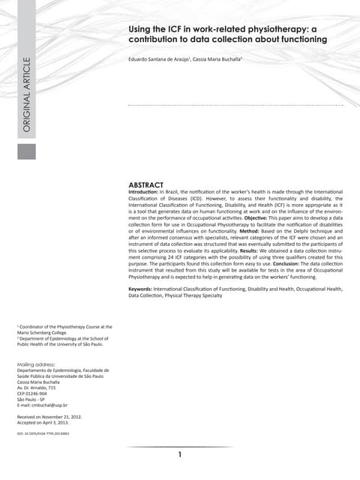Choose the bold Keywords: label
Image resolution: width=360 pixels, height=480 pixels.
[145, 289]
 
